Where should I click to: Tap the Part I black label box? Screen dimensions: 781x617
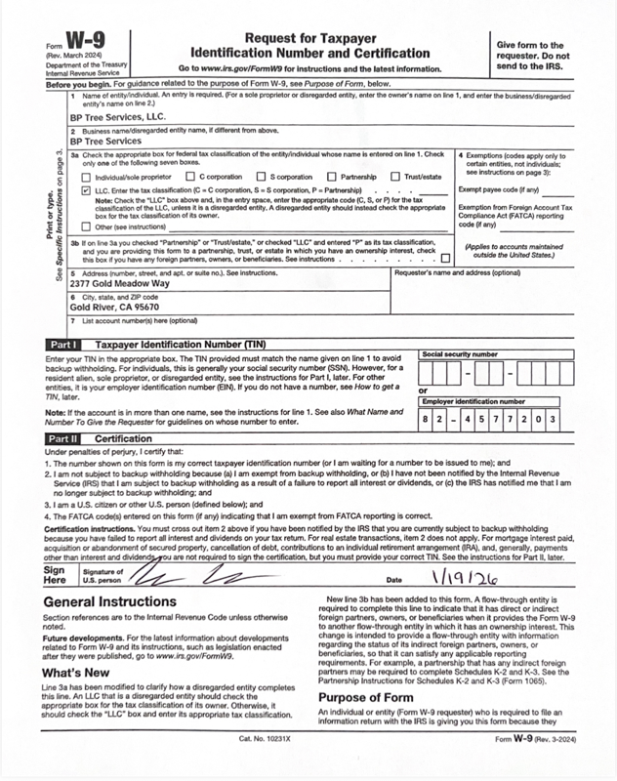pos(63,346)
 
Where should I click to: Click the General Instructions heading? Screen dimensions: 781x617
pos(109,602)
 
